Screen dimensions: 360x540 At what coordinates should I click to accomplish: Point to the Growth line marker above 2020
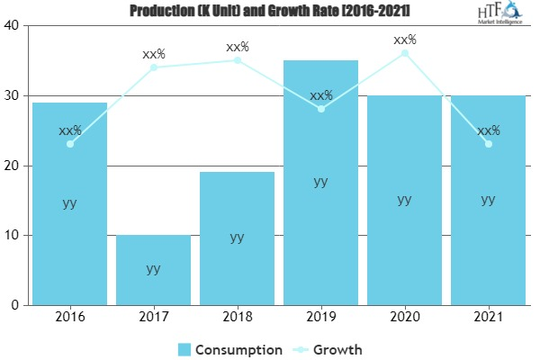[404, 53]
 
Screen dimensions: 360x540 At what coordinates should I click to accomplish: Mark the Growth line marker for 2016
[69, 144]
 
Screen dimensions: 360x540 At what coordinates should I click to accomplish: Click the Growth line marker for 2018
[237, 60]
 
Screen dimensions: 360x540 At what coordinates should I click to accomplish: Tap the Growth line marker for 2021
[488, 144]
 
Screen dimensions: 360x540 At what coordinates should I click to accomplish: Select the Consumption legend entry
[229, 348]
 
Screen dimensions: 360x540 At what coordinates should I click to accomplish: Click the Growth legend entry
[328, 348]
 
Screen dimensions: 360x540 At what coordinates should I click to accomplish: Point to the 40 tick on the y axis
[13, 25]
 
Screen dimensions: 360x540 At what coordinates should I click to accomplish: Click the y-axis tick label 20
[13, 166]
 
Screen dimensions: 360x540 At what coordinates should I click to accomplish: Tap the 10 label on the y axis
[13, 236]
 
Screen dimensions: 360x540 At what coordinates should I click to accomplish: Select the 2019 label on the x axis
[320, 317]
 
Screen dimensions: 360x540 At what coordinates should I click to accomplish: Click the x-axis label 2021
[488, 317]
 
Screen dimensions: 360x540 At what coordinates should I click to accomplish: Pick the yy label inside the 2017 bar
[153, 268]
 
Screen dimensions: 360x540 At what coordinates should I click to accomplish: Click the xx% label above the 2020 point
[404, 40]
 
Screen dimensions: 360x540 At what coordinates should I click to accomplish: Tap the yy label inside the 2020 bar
[404, 199]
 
